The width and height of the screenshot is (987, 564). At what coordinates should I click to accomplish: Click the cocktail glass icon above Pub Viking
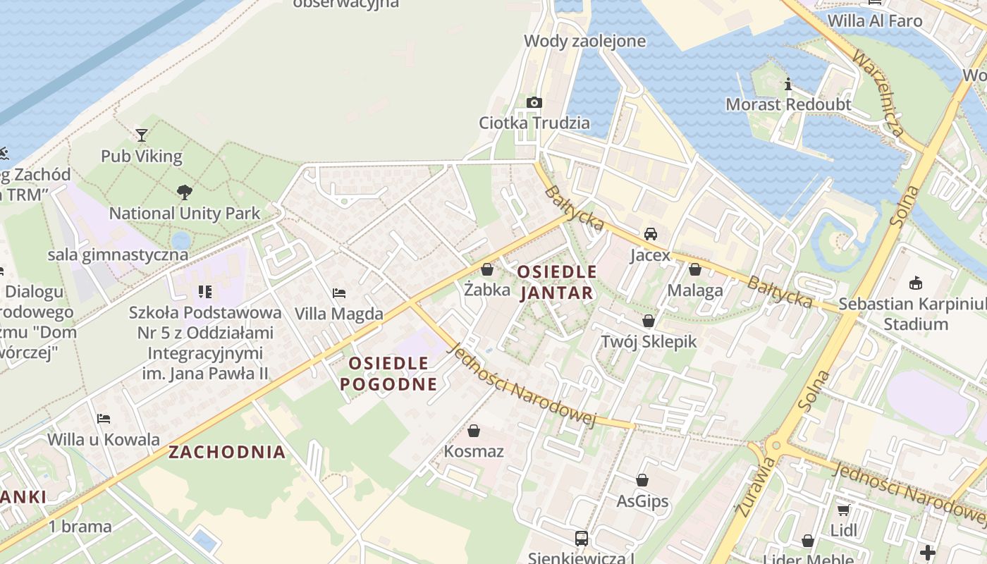[x=142, y=135]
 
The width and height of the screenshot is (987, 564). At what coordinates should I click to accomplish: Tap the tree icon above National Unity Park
[x=185, y=192]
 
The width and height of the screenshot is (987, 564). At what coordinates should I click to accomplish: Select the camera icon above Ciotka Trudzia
[x=534, y=102]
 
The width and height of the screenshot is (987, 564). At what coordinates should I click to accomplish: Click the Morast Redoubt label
[x=788, y=104]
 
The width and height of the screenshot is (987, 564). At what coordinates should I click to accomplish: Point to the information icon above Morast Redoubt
[x=788, y=85]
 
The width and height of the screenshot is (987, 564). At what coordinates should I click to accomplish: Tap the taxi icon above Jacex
[x=650, y=234]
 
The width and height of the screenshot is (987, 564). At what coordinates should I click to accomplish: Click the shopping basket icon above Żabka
[x=487, y=269]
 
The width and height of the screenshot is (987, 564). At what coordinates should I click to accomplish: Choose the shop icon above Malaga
[x=695, y=269]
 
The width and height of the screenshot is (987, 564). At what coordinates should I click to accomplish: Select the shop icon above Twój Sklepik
[x=649, y=321]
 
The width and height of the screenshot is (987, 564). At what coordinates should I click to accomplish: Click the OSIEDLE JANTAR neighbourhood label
[x=557, y=282]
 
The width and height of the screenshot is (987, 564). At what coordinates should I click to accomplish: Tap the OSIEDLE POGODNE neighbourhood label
[x=388, y=374]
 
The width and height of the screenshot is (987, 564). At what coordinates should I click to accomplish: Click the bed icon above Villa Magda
[x=339, y=293]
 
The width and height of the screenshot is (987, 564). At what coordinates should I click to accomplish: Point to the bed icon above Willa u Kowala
[x=104, y=419]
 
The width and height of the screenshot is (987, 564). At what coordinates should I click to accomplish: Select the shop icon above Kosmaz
[x=474, y=430]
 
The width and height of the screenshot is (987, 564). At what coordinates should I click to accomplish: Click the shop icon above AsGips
[x=642, y=481]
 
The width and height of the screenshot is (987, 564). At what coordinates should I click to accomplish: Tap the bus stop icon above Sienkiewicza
[x=582, y=539]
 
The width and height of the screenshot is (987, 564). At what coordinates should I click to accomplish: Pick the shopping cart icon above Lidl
[x=843, y=510]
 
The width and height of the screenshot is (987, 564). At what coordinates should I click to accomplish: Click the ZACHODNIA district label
[x=227, y=452]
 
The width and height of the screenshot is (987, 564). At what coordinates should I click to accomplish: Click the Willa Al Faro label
[x=874, y=20]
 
